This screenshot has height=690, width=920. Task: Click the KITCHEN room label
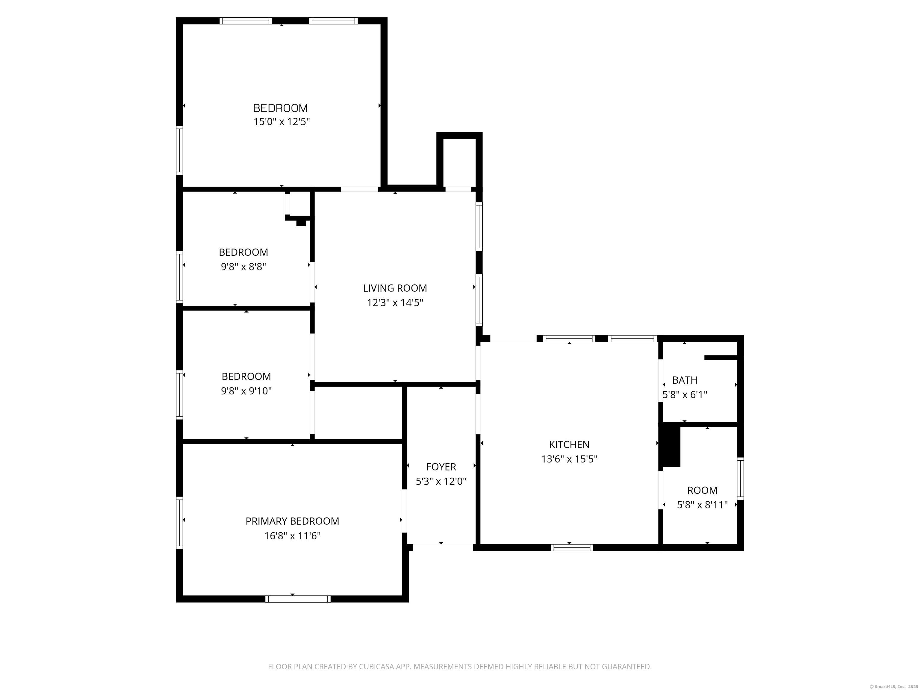[569, 445]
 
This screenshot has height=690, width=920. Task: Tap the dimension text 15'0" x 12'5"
[282, 122]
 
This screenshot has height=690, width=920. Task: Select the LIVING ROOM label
[395, 288]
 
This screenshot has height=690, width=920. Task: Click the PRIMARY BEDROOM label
[292, 521]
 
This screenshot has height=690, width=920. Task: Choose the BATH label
[685, 380]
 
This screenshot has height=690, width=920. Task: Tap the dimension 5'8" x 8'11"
[702, 505]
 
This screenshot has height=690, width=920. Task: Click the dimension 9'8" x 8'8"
[243, 267]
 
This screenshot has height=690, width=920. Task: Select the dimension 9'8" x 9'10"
[246, 391]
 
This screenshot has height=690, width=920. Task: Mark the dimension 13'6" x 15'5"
[569, 459]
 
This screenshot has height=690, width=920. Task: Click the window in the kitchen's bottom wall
[572, 548]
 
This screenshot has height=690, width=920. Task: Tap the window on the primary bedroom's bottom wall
[298, 599]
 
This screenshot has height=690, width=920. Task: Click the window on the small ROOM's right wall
[740, 478]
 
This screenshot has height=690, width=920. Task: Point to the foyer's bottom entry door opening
[443, 548]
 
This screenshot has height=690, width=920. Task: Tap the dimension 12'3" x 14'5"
[395, 303]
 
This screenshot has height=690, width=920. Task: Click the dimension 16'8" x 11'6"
[292, 536]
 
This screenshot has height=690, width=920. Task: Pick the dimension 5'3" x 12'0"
[441, 482]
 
